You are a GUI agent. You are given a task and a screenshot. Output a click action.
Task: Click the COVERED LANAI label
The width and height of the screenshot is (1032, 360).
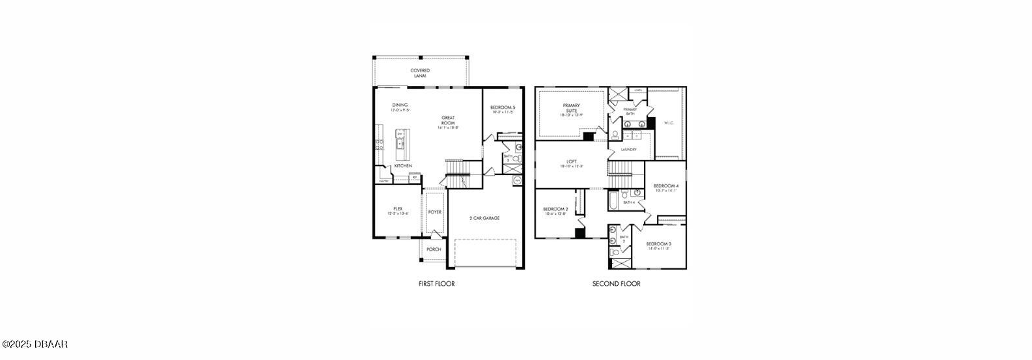click(419, 73)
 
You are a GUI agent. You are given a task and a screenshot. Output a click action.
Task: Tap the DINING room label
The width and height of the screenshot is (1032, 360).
click(400, 105)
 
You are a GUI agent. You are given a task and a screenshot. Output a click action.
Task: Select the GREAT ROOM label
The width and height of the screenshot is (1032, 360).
click(448, 120)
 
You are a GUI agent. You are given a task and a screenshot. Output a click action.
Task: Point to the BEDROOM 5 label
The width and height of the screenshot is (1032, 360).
click(503, 107)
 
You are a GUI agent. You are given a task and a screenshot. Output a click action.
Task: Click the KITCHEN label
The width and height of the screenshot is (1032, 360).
click(402, 166)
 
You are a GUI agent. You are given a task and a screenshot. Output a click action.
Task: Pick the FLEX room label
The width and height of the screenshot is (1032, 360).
click(397, 209)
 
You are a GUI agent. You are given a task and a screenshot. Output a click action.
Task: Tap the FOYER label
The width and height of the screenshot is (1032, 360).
click(435, 212)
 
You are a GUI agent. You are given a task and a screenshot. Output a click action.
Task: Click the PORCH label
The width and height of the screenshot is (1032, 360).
click(434, 249)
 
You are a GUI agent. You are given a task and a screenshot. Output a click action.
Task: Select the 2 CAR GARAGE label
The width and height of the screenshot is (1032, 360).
click(484, 218)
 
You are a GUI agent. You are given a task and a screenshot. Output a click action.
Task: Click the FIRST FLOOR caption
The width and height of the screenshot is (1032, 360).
click(436, 284)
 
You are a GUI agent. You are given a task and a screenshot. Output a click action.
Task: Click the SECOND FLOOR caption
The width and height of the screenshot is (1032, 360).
click(616, 284)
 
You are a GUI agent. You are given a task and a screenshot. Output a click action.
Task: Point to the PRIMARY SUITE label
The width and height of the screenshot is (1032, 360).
click(571, 107)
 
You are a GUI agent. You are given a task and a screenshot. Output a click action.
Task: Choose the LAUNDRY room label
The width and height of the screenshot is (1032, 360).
click(628, 150)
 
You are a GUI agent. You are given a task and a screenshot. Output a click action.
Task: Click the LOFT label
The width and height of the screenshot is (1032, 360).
click(571, 163)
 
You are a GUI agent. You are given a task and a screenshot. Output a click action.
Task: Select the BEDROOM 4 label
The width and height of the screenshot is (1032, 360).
click(666, 186)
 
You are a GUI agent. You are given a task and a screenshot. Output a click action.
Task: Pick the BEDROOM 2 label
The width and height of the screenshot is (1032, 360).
click(555, 210)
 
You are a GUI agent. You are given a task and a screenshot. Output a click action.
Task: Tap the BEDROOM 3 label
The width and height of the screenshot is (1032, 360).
click(659, 244)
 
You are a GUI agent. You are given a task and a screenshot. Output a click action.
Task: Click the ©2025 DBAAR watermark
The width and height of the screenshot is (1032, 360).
click(35, 344)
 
